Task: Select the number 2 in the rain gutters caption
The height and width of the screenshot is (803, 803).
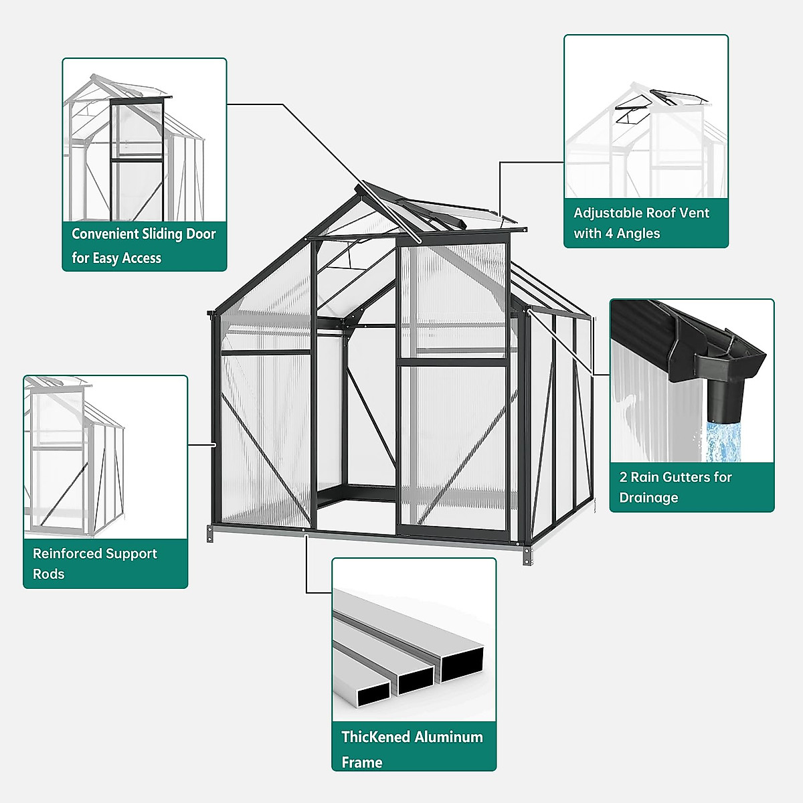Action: [x=623, y=477]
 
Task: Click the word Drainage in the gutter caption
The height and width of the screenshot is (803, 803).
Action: [x=648, y=498]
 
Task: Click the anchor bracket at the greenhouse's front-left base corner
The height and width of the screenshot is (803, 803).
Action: [x=210, y=534]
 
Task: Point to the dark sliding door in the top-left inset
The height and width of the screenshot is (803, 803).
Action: [x=137, y=161]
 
